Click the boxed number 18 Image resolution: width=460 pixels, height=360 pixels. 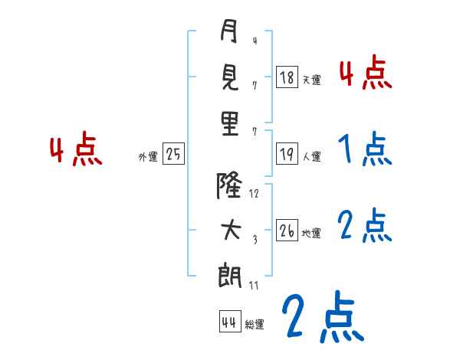[287, 77]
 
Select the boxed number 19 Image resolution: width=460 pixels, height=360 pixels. [287, 155]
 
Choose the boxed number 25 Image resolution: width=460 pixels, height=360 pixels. [173, 155]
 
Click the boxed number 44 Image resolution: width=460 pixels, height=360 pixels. [229, 322]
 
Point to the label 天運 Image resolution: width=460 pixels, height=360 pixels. [311, 80]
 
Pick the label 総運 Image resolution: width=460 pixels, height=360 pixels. [255, 325]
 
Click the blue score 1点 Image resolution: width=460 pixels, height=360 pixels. [364, 149]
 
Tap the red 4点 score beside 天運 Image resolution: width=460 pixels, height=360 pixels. [366, 74]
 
